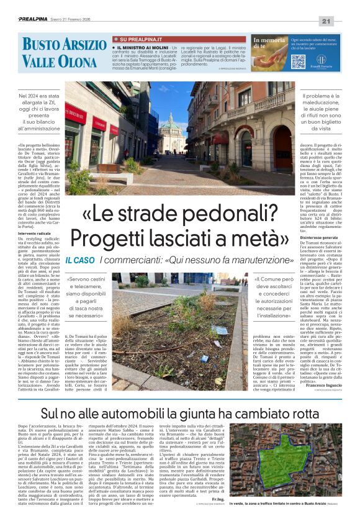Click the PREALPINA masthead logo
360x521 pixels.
tap(33, 20)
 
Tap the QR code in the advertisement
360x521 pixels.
tap(298, 61)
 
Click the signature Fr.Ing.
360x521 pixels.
tap(218, 498)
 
